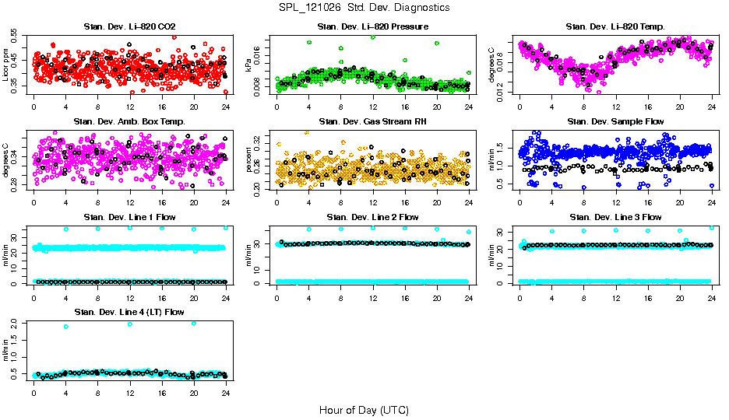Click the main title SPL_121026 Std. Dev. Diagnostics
click(x=364, y=8)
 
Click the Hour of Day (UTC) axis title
click(x=364, y=409)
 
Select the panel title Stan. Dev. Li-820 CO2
click(x=129, y=27)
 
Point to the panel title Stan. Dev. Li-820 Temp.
click(x=615, y=27)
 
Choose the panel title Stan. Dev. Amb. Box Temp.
click(x=129, y=121)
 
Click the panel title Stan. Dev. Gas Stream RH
click(x=372, y=121)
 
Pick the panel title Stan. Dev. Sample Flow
click(x=615, y=121)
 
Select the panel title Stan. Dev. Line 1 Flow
click(x=129, y=217)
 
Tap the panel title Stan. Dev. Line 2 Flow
click(x=372, y=217)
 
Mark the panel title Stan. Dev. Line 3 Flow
click(x=615, y=217)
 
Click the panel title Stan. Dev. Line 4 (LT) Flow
click(x=129, y=312)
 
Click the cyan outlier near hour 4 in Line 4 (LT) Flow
click(x=65, y=327)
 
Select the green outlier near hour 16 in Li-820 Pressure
click(x=404, y=60)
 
